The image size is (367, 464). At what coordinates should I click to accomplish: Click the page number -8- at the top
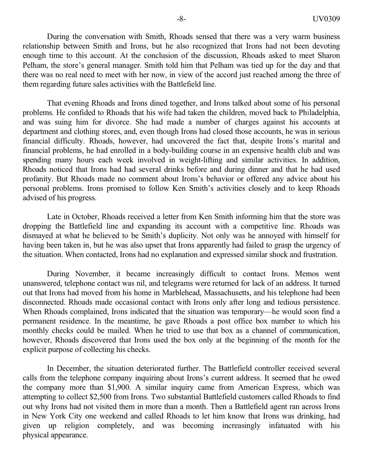click(181, 19)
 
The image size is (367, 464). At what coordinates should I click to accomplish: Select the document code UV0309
click(326, 19)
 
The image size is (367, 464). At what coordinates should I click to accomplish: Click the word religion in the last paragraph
click(77, 425)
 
